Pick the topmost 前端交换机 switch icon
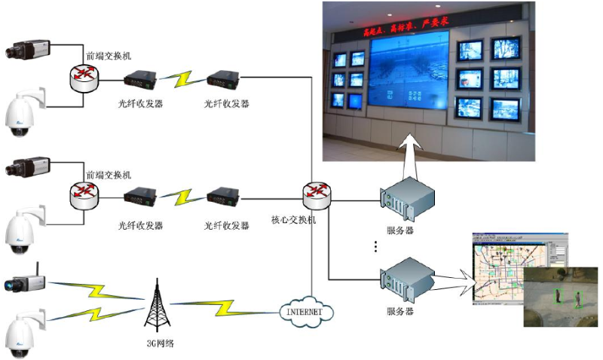[x=83, y=75]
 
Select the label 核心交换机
[x=294, y=222]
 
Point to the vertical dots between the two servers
[x=375, y=246]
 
